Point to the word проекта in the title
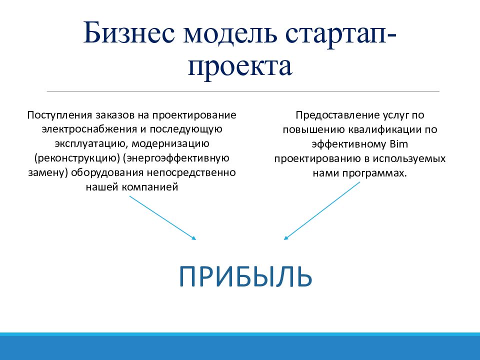tap(240, 66)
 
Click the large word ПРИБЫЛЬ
tap(245, 276)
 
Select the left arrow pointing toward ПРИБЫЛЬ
tap(162, 217)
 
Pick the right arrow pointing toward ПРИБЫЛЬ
tap(322, 211)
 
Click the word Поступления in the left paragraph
tap(59, 115)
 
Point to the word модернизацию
tap(170, 144)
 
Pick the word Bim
tap(399, 144)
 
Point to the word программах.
tap(374, 173)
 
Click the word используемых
tap(409, 159)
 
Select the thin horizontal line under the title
tap(243, 91)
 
